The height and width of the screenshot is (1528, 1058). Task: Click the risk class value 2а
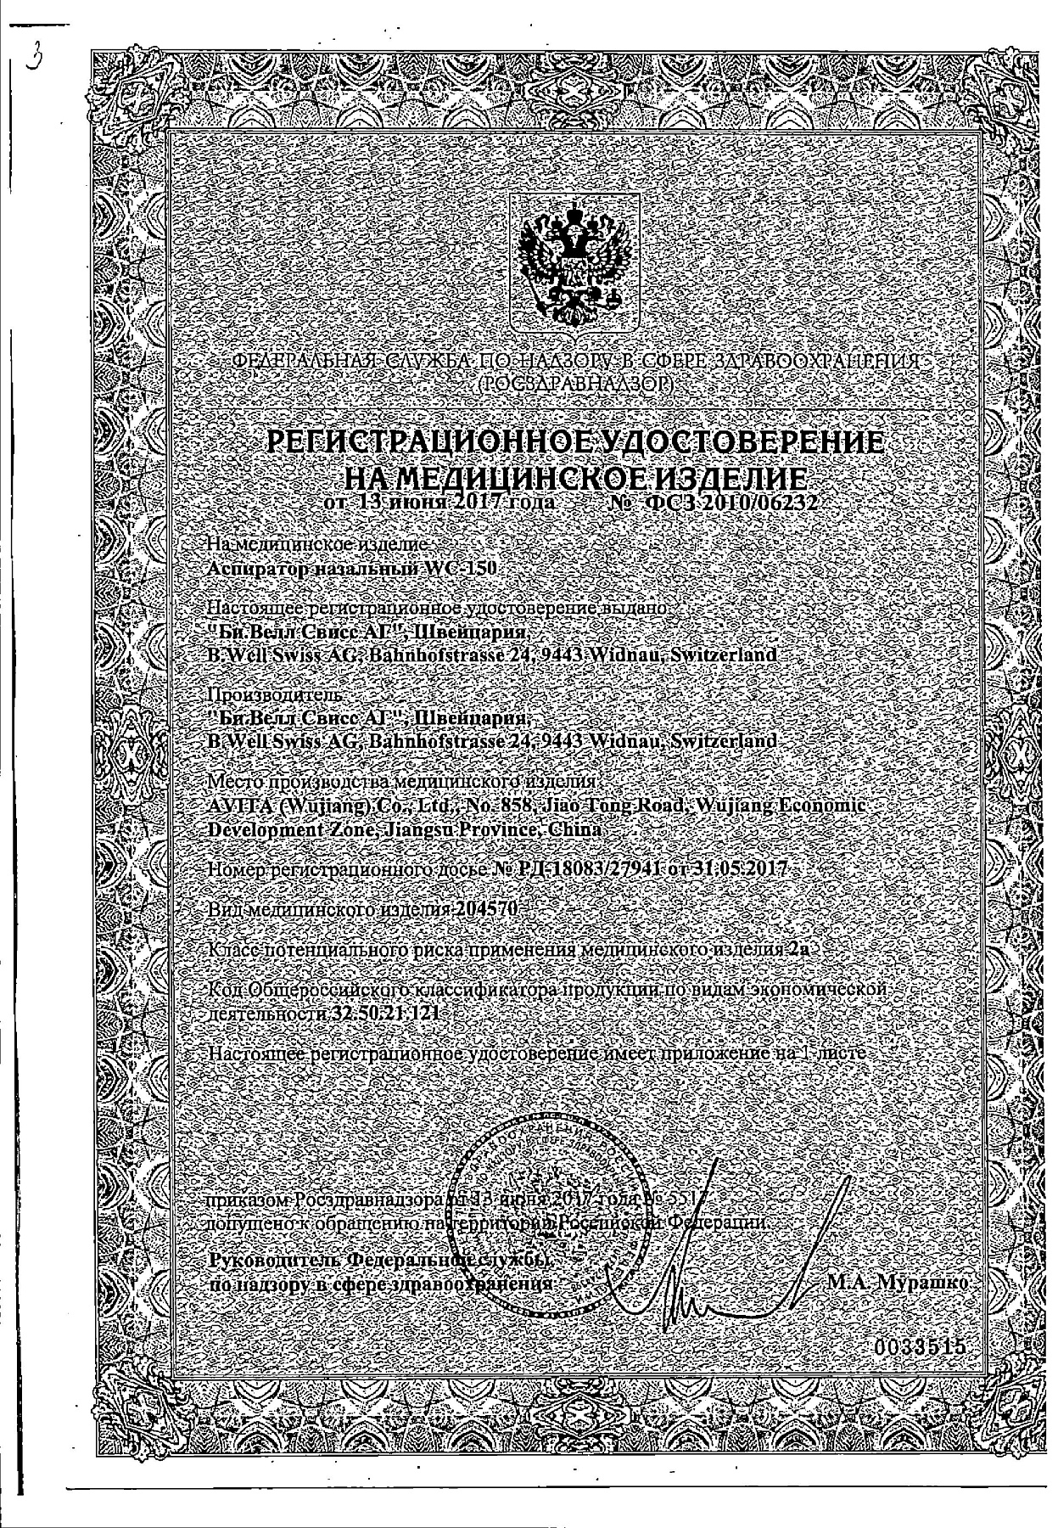798,950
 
